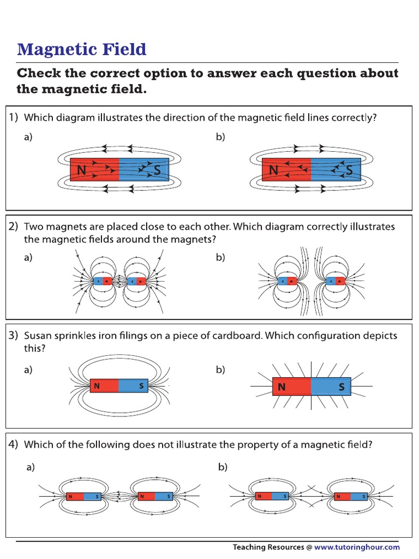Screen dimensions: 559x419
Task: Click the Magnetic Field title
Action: click(x=82, y=49)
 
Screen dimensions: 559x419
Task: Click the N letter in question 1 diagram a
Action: click(x=82, y=170)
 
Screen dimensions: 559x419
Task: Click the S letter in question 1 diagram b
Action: click(x=349, y=170)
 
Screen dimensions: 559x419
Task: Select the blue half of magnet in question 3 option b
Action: click(x=331, y=386)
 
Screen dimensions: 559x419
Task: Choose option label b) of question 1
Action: click(x=220, y=138)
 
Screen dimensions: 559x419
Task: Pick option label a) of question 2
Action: click(x=28, y=258)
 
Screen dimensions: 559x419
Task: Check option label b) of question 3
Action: click(x=220, y=370)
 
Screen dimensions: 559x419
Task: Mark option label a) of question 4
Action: click(x=32, y=467)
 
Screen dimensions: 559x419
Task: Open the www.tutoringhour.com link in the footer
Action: click(x=357, y=546)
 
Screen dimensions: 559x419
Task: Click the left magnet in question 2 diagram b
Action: click(x=286, y=282)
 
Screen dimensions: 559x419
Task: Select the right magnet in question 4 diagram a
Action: click(x=155, y=496)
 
